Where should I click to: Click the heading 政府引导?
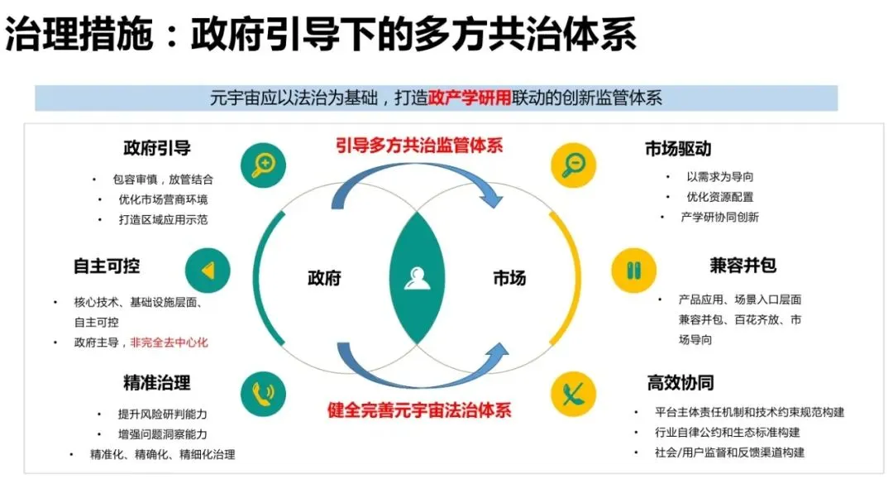(157, 148)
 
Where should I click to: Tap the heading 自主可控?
(107, 266)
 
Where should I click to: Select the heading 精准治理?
(157, 382)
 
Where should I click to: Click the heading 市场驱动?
(678, 149)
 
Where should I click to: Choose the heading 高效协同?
(680, 382)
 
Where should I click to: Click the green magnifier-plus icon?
(263, 165)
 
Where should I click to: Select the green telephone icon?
(263, 392)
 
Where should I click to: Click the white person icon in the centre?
(418, 278)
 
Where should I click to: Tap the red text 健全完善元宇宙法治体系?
(419, 410)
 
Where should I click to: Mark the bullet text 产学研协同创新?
(719, 217)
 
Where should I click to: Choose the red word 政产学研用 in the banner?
(464, 98)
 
